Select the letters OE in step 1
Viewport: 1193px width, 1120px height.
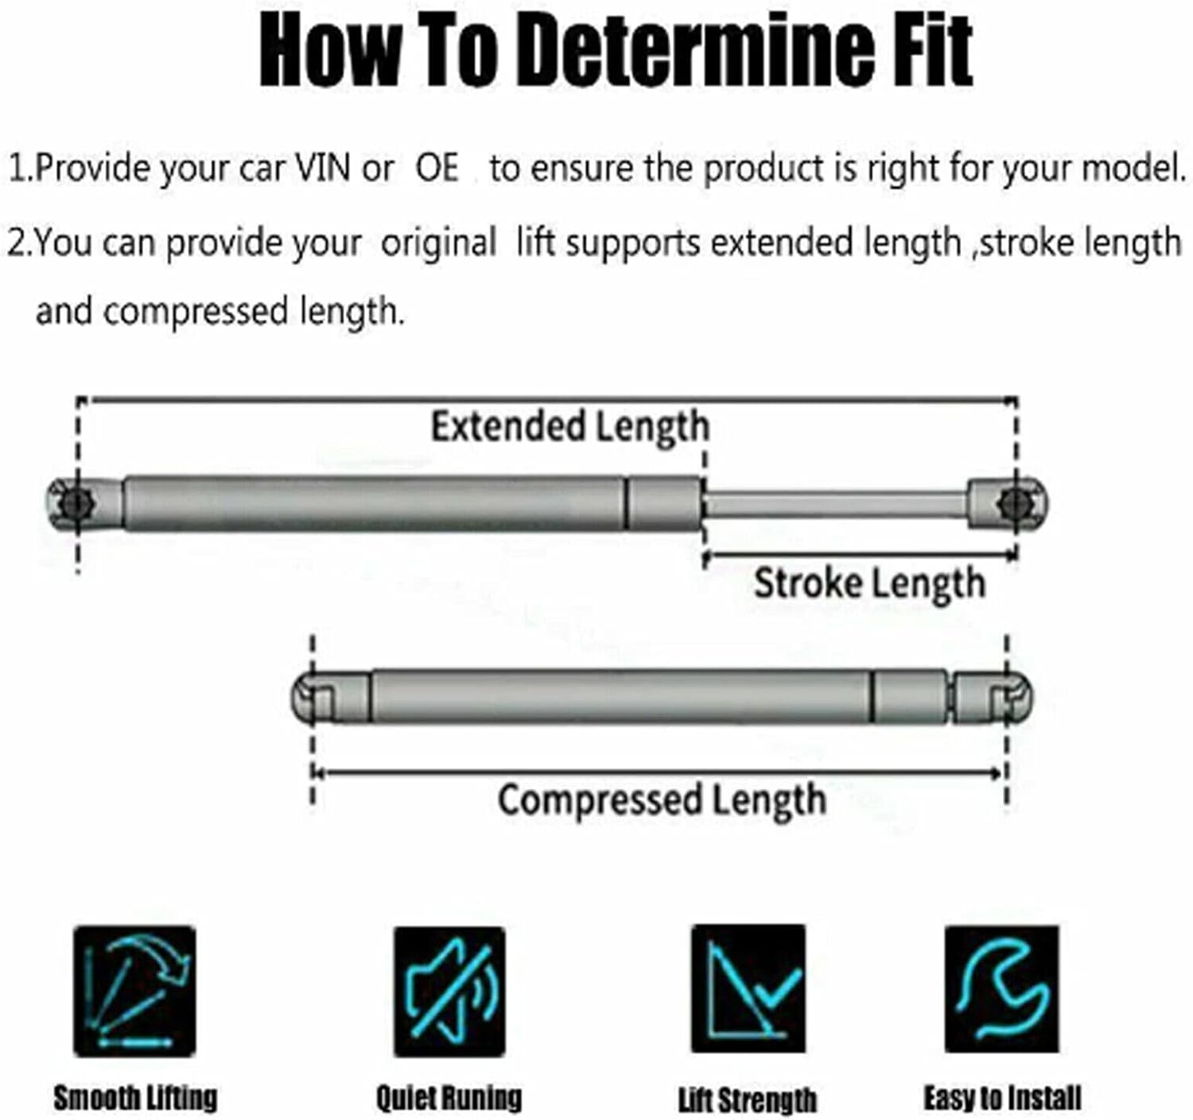437,168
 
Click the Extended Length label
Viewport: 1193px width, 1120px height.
569,426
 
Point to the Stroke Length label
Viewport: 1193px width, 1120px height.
869,583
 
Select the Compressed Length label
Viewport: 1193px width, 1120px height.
661,799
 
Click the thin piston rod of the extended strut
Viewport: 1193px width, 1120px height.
835,504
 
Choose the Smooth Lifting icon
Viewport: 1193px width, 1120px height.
134,990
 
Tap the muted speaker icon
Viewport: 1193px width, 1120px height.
449,990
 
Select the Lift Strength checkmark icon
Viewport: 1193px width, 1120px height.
748,989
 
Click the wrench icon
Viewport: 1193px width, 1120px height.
1001,989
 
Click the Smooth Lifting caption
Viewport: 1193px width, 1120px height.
135,1098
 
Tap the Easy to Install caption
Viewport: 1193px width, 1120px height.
1002,1098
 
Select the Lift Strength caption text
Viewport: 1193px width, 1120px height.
748,1100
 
